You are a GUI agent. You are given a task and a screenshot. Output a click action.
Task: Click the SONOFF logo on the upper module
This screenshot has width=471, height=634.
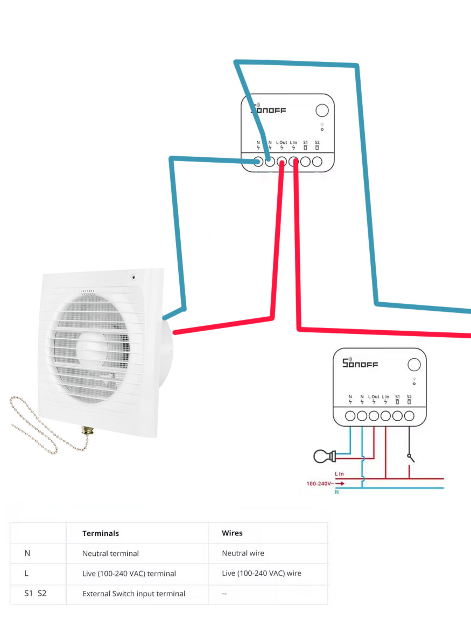(x=269, y=110)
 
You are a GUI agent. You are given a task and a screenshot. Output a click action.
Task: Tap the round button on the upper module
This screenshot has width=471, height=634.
(x=321, y=110)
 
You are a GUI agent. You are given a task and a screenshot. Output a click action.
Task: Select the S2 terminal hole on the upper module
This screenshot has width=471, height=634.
(x=318, y=161)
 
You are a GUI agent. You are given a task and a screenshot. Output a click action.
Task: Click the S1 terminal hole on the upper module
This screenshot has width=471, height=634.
(x=306, y=161)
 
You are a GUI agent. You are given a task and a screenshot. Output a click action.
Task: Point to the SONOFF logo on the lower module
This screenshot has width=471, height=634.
(x=361, y=363)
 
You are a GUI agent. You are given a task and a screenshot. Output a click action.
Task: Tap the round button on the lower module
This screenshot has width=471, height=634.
(x=413, y=364)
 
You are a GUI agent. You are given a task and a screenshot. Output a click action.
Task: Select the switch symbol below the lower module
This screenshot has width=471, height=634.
(x=411, y=457)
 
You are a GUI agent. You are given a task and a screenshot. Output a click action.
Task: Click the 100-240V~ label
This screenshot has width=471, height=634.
(x=318, y=483)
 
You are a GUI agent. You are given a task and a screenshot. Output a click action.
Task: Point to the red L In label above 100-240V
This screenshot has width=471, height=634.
(x=340, y=474)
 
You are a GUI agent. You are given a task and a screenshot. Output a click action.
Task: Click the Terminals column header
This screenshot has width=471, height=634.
(x=101, y=533)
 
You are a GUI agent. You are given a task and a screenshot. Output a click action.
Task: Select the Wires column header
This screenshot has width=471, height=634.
(x=232, y=533)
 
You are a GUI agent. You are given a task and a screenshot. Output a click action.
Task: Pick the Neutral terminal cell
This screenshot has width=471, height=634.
(x=110, y=553)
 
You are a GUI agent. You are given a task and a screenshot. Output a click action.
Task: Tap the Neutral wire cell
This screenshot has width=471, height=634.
(x=243, y=553)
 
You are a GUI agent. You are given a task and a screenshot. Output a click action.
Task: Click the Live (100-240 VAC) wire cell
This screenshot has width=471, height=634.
(x=261, y=574)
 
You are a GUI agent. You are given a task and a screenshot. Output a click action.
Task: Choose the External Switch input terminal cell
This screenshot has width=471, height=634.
(x=133, y=594)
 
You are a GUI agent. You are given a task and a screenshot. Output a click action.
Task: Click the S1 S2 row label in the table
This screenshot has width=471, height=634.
(x=36, y=594)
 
